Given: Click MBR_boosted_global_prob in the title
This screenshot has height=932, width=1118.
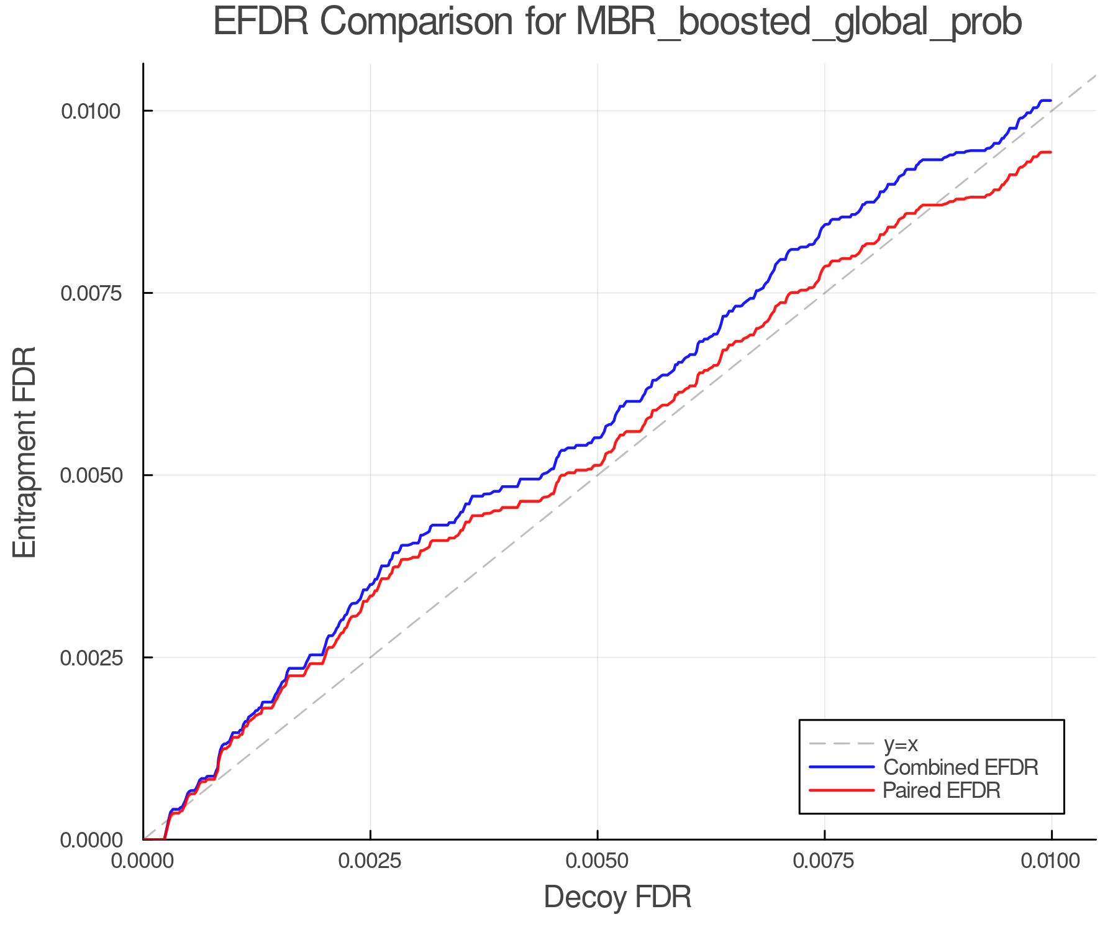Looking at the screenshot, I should point(799,24).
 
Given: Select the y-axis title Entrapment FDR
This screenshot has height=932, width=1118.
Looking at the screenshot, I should point(25,452).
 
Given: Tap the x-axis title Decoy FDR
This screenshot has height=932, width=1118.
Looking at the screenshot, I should point(617,897).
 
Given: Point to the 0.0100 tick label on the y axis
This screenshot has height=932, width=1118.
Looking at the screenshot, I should point(90,111).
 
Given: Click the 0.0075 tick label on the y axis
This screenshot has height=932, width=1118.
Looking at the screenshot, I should point(90,293).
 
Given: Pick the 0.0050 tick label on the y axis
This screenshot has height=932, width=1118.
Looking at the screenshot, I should point(90,475).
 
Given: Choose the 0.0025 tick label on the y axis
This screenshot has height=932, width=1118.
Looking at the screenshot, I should point(90,657).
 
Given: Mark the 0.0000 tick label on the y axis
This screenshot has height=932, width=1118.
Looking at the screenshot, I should point(90,840).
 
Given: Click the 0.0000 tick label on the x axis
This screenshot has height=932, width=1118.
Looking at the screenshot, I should point(143,861).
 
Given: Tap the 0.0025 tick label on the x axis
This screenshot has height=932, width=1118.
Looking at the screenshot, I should point(370,861).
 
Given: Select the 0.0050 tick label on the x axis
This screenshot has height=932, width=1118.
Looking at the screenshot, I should point(598,861).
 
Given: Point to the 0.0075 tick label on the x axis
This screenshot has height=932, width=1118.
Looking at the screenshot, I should point(824,861).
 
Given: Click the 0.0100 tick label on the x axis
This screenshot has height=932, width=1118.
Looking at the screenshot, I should point(1051,861).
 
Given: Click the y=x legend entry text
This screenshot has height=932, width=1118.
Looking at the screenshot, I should point(901,744).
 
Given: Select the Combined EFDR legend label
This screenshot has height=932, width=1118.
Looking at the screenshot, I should point(960,767).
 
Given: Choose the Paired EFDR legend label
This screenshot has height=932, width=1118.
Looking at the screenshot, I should point(942,790).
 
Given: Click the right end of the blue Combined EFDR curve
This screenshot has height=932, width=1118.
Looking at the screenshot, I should point(1050,100).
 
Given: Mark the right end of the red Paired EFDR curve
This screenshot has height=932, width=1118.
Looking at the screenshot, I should point(1050,152).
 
